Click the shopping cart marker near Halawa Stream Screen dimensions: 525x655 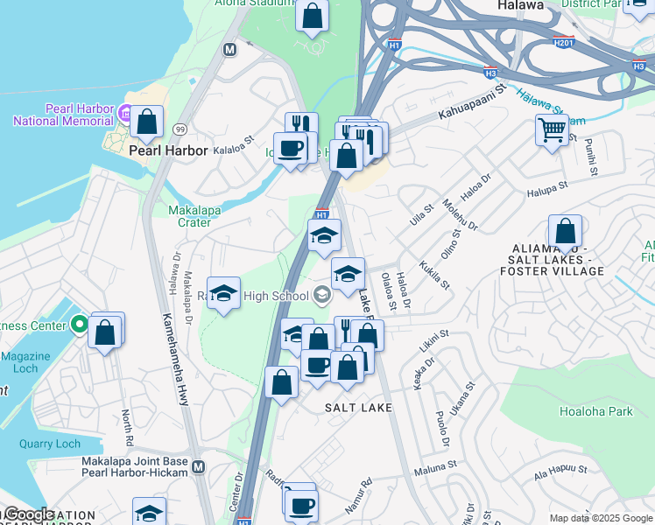point(552,130)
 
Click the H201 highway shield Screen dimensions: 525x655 point(565,41)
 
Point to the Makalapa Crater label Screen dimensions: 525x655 point(194,216)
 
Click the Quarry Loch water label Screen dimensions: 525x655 point(50,444)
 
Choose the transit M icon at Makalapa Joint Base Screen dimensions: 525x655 point(198,467)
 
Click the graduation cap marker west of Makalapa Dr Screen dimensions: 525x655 point(224,293)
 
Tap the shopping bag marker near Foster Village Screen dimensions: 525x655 point(567,232)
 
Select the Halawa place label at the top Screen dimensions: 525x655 point(522,5)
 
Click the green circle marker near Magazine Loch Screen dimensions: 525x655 point(79,326)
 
